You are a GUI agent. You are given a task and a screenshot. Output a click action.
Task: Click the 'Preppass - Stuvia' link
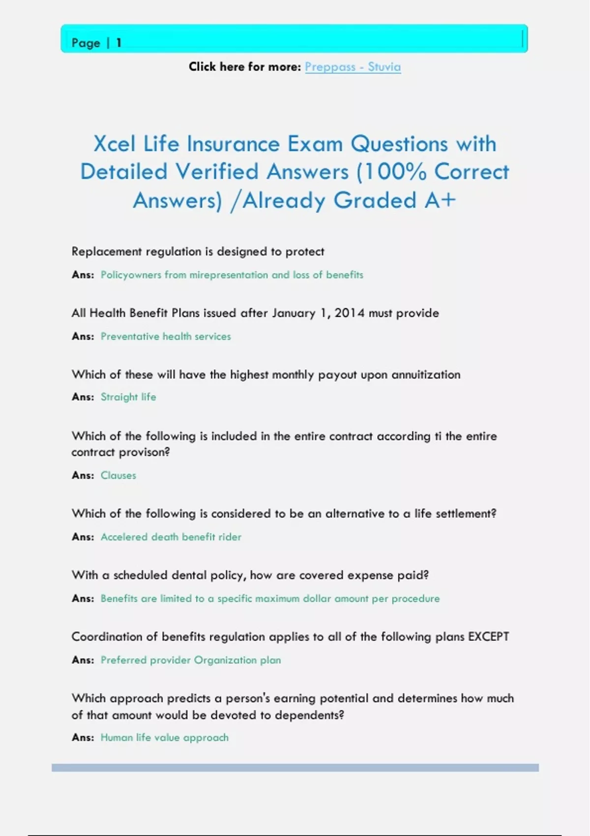(x=353, y=67)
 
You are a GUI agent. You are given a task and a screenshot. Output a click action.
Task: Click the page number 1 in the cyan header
(x=118, y=43)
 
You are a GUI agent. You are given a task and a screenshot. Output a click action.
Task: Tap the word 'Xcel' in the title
(x=114, y=144)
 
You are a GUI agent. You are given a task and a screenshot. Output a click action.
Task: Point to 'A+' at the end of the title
(x=441, y=201)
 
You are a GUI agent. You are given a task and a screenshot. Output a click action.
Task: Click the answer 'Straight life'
(x=128, y=397)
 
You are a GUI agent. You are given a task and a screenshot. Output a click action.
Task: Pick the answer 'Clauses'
(x=118, y=476)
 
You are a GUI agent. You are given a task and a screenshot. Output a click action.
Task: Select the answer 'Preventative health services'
(x=166, y=336)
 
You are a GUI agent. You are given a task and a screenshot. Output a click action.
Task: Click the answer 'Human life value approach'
(x=165, y=738)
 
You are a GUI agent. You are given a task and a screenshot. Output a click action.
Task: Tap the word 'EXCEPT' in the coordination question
(x=488, y=637)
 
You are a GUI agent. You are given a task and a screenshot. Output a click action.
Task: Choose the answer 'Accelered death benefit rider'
(x=171, y=537)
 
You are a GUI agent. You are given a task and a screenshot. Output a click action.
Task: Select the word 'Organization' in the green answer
(x=225, y=660)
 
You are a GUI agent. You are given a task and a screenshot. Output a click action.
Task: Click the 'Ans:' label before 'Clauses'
(x=83, y=476)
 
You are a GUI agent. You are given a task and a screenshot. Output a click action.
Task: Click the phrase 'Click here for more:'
(x=244, y=67)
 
